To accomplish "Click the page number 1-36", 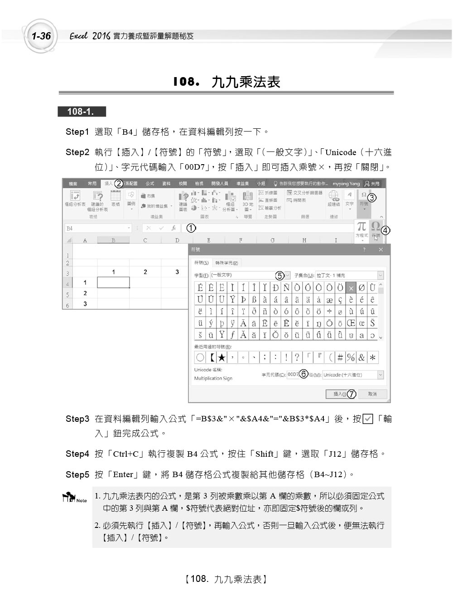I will [41, 36].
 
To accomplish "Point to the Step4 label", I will [77, 454].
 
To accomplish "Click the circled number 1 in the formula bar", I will [191, 228].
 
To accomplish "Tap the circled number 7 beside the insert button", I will [352, 394].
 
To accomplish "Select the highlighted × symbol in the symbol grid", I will [351, 288].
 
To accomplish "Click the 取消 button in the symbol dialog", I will [372, 394].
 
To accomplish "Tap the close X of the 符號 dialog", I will [381, 250].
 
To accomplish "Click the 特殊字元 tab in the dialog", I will [227, 263].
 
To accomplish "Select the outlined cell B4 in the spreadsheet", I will [113, 283].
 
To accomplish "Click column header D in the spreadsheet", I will [177, 240].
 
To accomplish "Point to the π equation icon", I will [361, 226].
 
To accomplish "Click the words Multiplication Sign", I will [213, 378].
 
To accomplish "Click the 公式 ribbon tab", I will [150, 184].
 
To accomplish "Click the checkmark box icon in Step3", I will [368, 419].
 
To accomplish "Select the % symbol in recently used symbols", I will [351, 357].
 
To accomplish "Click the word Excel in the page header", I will [78, 36].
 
